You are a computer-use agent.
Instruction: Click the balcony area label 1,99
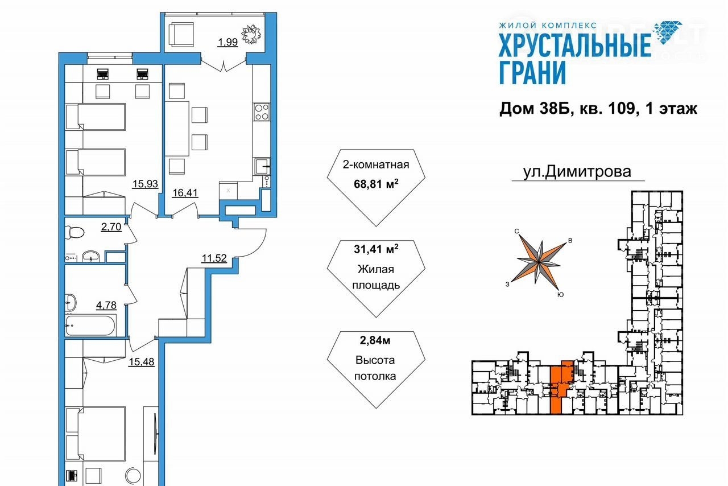coord(227,42)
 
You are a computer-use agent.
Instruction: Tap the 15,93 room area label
coord(145,184)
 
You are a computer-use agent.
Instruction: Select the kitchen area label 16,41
coord(185,192)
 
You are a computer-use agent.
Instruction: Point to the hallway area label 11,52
coord(214,258)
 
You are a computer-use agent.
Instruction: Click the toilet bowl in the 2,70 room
coord(75,232)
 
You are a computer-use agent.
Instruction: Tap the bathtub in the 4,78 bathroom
coord(90,325)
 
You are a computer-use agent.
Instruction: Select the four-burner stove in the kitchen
coord(262,112)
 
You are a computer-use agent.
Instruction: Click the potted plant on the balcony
coord(251,34)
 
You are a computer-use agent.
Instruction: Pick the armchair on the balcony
coord(181,35)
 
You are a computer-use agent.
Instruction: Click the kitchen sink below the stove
coord(262,167)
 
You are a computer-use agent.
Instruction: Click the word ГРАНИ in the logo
coord(532,73)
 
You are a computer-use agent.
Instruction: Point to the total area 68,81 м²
coord(376,184)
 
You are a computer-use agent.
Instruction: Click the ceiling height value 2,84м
coord(375,340)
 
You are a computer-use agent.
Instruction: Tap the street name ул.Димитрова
coord(577,171)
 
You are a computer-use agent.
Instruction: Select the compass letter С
coord(517,231)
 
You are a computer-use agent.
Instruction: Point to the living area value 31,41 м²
coord(376,249)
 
